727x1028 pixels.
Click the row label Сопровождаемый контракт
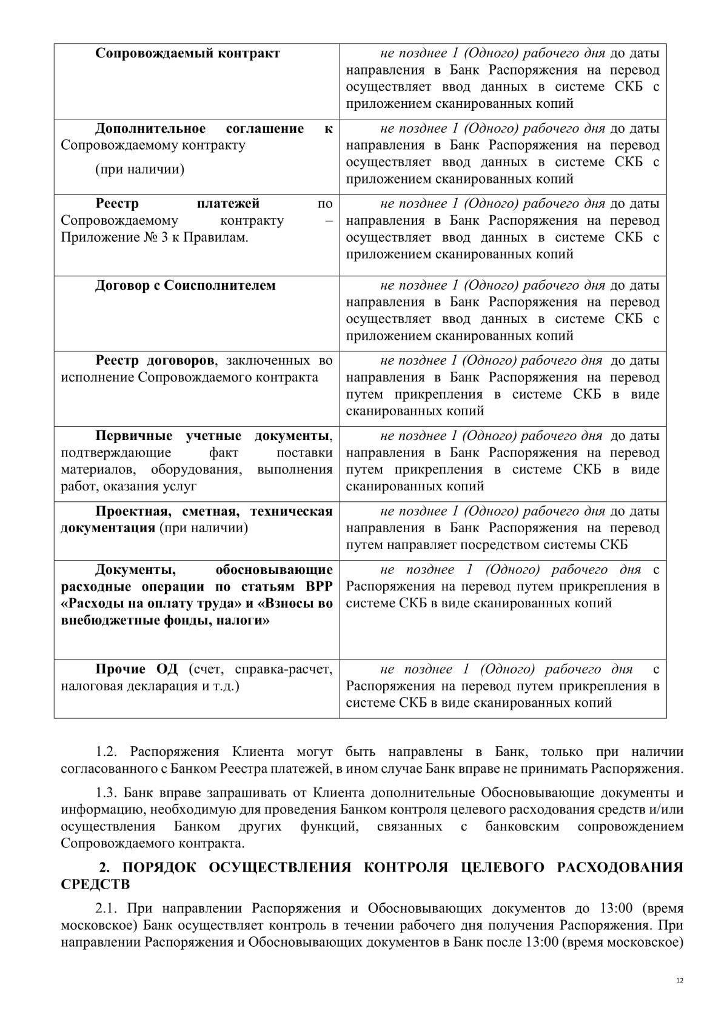187,53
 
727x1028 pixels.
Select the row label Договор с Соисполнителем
185,285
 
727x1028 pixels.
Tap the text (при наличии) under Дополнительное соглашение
139,169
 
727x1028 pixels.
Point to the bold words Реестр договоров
155,361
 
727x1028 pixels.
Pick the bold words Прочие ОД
136,669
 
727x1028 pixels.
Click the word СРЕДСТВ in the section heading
95,884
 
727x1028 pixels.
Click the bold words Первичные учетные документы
213,436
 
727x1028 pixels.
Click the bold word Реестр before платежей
117,204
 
